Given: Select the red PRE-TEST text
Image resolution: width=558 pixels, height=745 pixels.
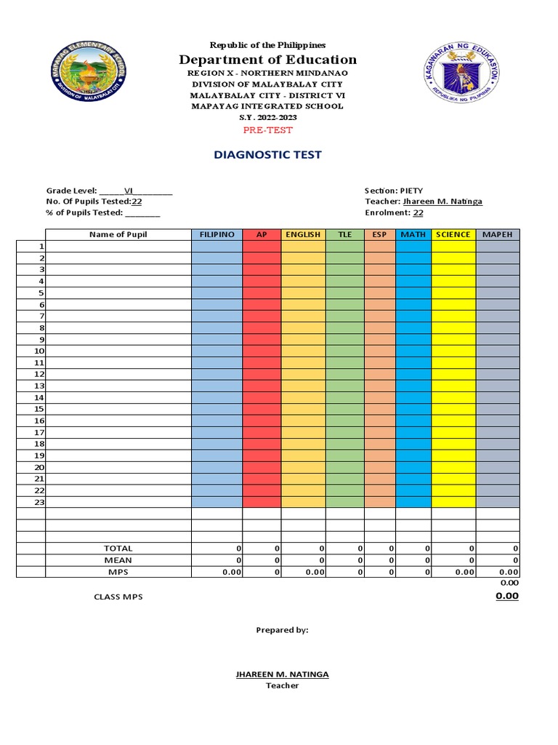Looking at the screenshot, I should coord(268,130).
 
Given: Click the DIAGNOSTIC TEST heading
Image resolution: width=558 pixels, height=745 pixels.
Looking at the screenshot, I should coord(268,155).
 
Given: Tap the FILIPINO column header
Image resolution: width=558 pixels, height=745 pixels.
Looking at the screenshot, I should coord(217,235).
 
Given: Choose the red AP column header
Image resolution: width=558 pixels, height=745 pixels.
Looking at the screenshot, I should coord(262,235).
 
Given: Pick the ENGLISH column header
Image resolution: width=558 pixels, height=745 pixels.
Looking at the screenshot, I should coord(303,235).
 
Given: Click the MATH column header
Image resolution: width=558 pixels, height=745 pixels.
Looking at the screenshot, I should coord(413,235).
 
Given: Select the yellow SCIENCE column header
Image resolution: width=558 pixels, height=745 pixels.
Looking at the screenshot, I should coord(453,235).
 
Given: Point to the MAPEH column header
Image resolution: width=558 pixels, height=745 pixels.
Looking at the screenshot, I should coord(498,235).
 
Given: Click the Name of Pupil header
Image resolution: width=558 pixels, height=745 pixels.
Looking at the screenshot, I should coord(118,235).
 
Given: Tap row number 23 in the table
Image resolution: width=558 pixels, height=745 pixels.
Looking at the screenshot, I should coord(40,502).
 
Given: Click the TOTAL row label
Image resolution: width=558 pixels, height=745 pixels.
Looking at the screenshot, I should coord(118,549).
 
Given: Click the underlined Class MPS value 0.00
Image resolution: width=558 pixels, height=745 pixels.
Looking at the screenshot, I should coord(506,596).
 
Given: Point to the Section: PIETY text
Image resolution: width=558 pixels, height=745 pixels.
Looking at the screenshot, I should coord(393,191).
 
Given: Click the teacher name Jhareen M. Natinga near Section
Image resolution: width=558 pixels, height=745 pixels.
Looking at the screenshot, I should coord(442,202).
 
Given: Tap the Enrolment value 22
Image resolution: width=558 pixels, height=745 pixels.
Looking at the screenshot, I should coord(418,213).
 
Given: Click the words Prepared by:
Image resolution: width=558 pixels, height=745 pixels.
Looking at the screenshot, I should coord(282,630).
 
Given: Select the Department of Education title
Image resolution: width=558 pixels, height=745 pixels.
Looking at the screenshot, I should coord(268,60).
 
